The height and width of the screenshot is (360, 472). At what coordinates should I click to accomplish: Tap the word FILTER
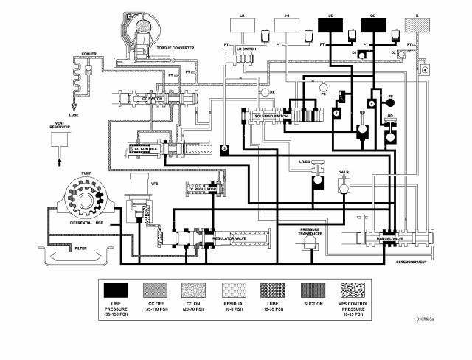click(81, 249)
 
